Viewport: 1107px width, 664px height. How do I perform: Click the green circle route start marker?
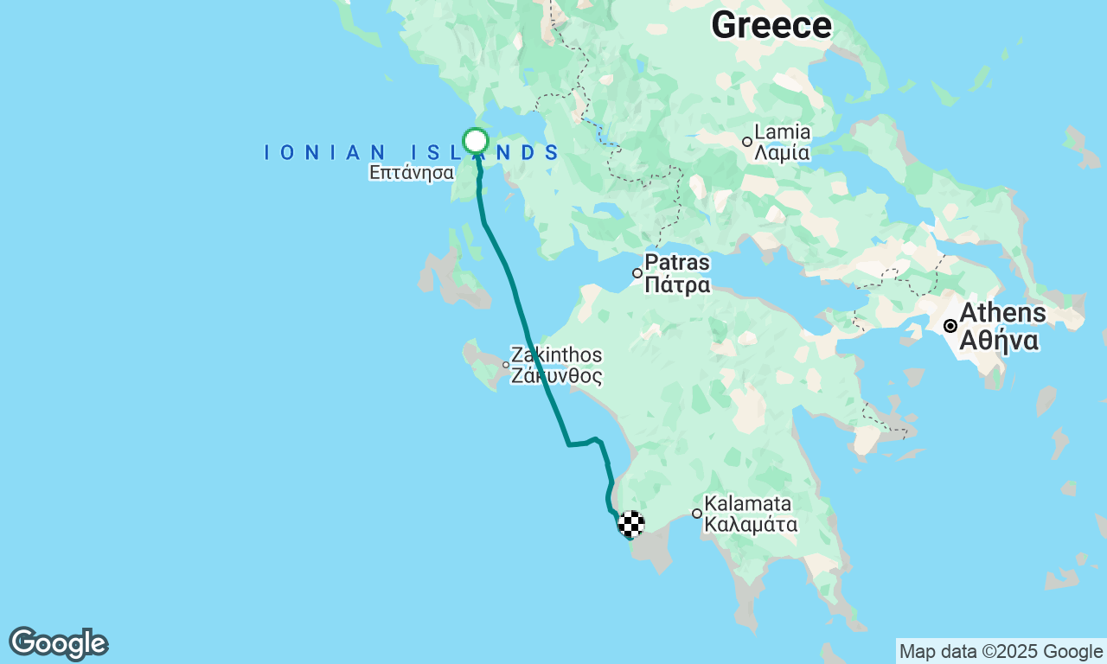tap(476, 140)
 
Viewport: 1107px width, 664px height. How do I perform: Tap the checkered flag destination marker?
tap(631, 523)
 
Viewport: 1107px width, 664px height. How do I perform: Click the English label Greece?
tap(771, 25)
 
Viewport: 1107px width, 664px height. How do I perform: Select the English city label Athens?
tap(1003, 312)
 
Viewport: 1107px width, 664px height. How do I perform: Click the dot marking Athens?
tap(950, 326)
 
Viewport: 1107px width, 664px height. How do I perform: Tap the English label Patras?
tap(678, 263)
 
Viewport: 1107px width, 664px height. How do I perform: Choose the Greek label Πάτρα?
tap(678, 285)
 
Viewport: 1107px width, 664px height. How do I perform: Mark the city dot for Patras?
tap(637, 273)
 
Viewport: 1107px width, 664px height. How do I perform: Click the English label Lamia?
tap(783, 132)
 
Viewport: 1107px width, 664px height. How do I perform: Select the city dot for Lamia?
tap(747, 142)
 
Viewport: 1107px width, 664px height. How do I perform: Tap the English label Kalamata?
tap(748, 503)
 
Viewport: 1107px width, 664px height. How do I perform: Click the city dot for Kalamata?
tap(697, 514)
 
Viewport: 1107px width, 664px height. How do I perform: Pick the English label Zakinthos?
tap(556, 354)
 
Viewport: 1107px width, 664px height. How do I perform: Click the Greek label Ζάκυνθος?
tap(556, 376)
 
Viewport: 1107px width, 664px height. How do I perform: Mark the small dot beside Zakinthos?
tap(506, 365)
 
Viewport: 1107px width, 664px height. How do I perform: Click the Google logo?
tap(58, 644)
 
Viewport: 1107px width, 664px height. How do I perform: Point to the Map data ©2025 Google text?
tap(1001, 652)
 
